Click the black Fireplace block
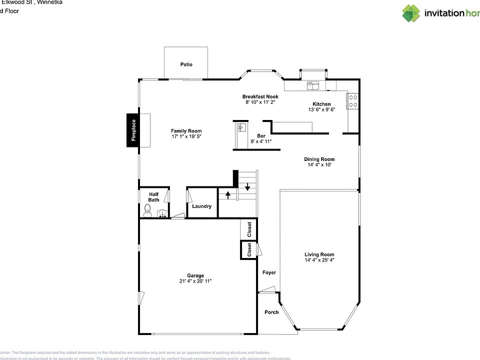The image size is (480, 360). (133, 130)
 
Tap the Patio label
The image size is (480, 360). (186, 64)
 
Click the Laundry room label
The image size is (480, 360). (201, 206)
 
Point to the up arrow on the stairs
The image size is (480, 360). (227, 194)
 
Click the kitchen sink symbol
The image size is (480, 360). (313, 85)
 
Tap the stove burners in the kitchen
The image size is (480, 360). (353, 101)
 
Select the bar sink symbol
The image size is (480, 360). (241, 127)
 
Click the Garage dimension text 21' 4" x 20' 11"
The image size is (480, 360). (195, 281)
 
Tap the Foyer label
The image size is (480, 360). (269, 272)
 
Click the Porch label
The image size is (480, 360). (271, 312)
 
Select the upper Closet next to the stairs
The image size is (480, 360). (249, 229)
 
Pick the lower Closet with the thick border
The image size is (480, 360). (249, 250)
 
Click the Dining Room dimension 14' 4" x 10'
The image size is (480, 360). (319, 165)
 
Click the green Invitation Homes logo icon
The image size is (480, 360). (411, 13)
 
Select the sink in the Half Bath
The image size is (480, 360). (162, 214)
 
